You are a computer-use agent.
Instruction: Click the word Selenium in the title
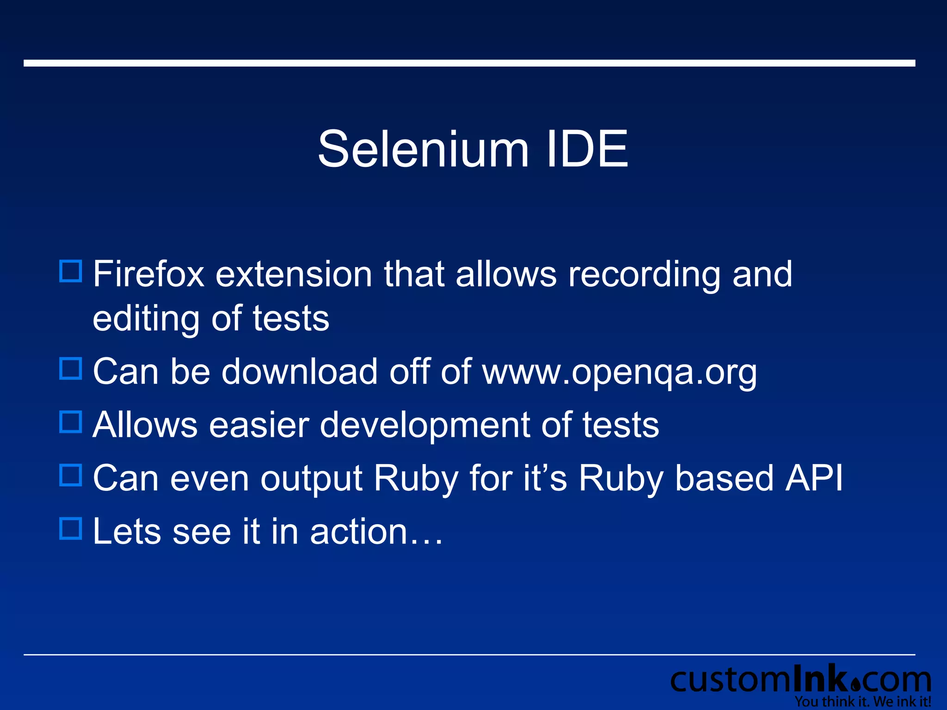tap(423, 149)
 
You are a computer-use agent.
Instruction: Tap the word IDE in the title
tap(587, 149)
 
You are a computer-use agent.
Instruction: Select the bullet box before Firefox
tap(71, 271)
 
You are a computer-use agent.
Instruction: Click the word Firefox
tap(148, 274)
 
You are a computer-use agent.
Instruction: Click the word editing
tap(146, 319)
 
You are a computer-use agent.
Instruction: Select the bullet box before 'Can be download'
tap(71, 369)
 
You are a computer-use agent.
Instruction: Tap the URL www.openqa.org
tap(620, 373)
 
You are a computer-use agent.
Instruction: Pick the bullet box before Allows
tap(71, 422)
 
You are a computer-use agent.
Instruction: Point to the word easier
tap(259, 425)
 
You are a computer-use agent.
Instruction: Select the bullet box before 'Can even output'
tap(71, 475)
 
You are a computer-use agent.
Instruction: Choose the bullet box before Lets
tap(71, 528)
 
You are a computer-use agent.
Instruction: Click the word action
tap(358, 532)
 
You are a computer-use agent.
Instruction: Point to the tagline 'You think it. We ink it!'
tap(863, 702)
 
